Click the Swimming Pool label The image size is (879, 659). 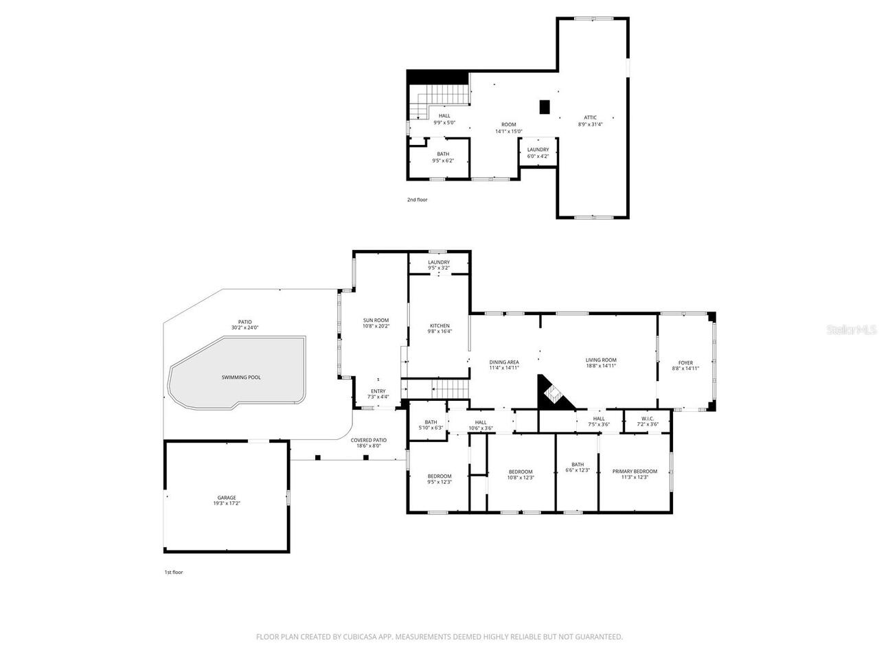tap(241, 377)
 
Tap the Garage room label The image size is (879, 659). tap(227, 498)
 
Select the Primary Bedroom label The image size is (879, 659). tap(635, 471)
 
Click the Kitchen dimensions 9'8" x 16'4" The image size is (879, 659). tap(439, 332)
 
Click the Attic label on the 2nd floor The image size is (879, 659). tap(590, 117)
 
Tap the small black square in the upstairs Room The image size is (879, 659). tap(545, 106)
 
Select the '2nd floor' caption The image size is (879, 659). tap(417, 200)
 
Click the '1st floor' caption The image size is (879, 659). tap(173, 572)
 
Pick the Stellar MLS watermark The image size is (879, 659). tap(851, 329)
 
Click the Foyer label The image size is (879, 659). tap(685, 362)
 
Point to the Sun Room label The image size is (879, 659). tap(376, 320)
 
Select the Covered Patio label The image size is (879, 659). tap(368, 440)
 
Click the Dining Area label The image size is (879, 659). tap(504, 362)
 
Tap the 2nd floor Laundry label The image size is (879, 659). tap(538, 150)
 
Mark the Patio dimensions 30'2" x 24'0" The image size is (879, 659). tap(245, 328)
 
